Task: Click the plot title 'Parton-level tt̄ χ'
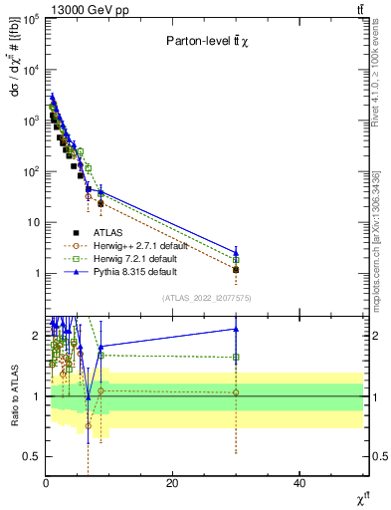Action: [206, 41]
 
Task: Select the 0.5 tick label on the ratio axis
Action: [30, 457]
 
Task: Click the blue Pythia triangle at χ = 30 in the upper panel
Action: [236, 252]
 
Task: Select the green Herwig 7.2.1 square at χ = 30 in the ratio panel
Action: [236, 357]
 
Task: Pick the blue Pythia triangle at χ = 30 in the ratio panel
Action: [236, 329]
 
